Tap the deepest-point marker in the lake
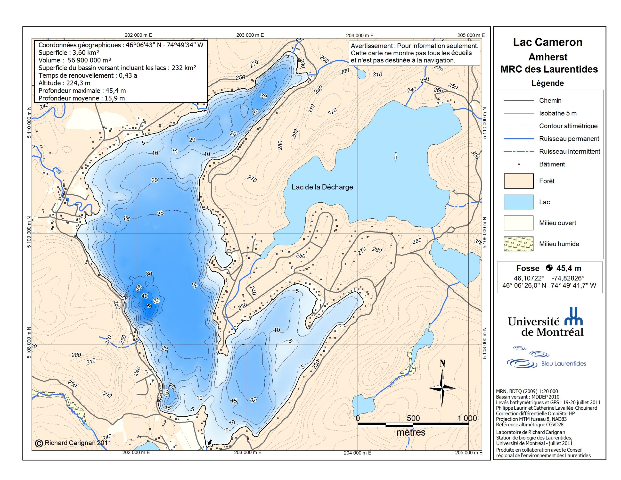tap(149, 306)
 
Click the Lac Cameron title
tap(547, 42)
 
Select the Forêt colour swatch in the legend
tap(518, 181)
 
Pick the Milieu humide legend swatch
tap(518, 244)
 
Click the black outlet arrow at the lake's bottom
tap(210, 442)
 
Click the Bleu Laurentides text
tap(563, 363)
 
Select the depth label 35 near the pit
tap(156, 300)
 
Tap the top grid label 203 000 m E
tap(250, 35)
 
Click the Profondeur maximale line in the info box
tap(82, 91)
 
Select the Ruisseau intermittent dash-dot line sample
tap(518, 151)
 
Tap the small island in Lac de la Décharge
tap(395, 156)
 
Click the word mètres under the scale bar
tap(411, 432)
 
